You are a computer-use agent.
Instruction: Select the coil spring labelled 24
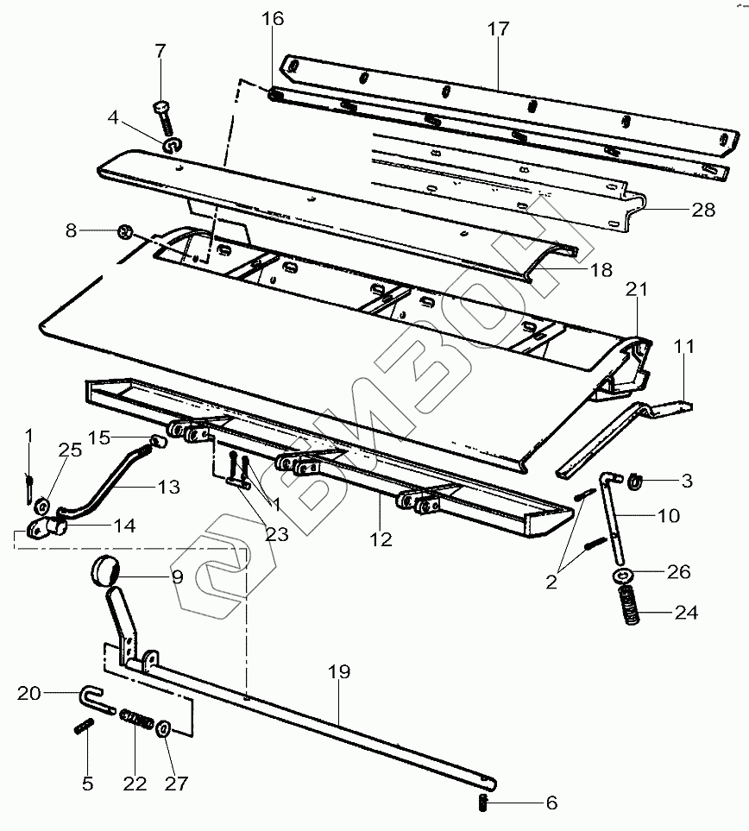(x=629, y=605)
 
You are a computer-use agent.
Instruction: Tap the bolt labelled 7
(x=164, y=118)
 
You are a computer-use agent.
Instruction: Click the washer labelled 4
(x=173, y=145)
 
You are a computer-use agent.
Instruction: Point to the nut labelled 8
(x=126, y=231)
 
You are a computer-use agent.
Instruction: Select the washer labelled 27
(x=163, y=728)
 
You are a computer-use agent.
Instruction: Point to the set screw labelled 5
(x=84, y=726)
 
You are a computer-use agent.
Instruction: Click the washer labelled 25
(x=42, y=507)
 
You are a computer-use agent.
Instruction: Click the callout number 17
(x=498, y=28)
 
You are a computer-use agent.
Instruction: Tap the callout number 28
(x=703, y=210)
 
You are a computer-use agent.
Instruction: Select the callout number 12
(x=381, y=539)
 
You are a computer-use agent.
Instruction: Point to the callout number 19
(x=339, y=671)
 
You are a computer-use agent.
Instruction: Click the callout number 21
(x=637, y=289)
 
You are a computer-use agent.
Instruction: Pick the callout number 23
(x=277, y=533)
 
